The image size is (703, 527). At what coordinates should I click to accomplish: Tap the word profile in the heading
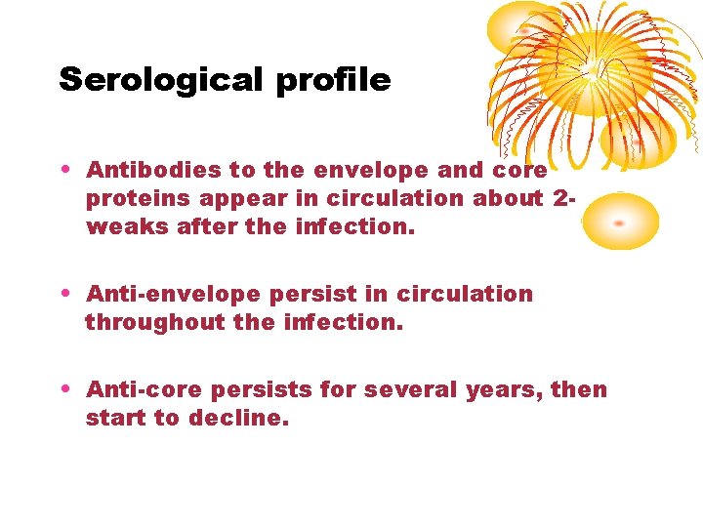pos(333,80)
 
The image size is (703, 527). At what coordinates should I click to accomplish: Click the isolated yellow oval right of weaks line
pos(621,221)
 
